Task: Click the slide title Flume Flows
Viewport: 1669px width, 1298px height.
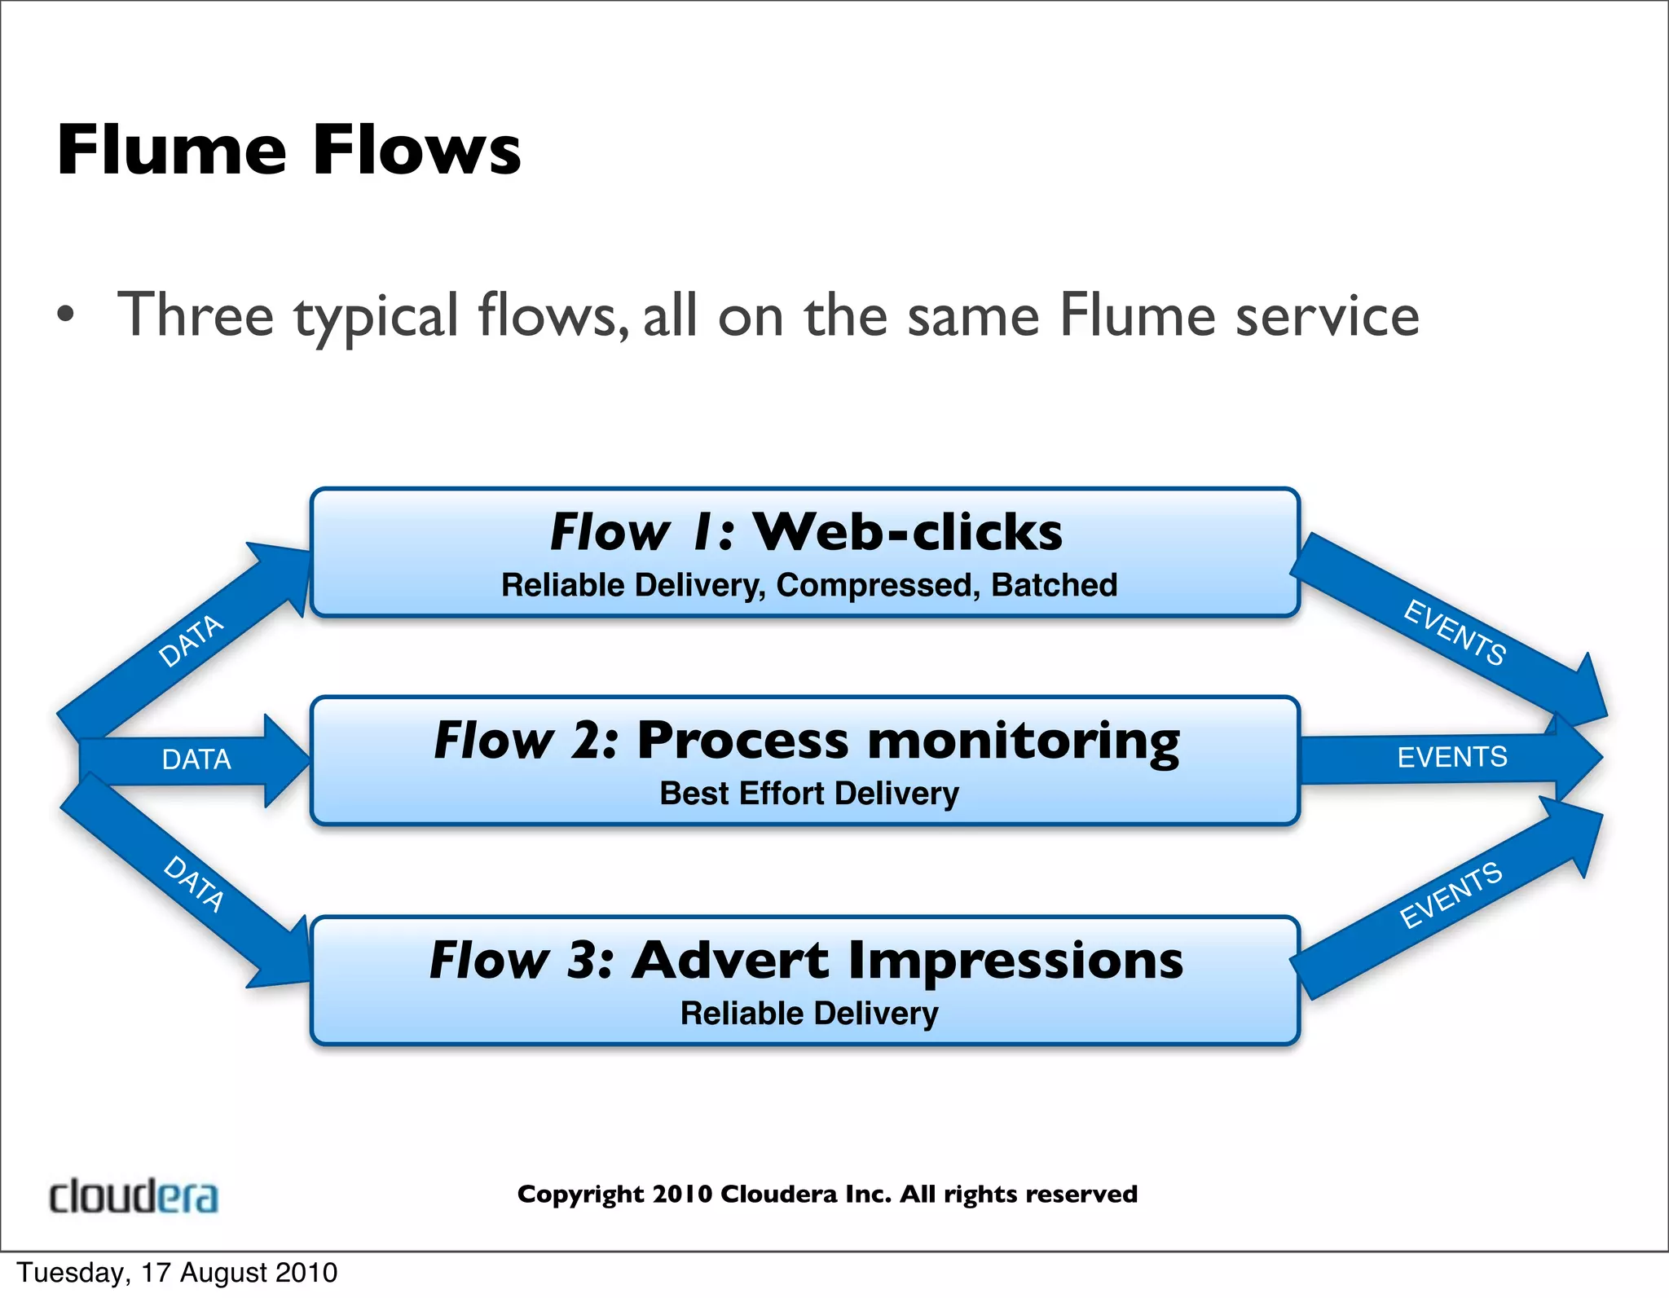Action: (288, 150)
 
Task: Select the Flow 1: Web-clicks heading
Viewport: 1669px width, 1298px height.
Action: (805, 532)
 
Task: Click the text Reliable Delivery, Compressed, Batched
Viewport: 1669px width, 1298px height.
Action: (808, 585)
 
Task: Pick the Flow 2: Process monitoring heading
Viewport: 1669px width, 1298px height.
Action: (806, 741)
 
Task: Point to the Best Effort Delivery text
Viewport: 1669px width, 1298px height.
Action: (808, 793)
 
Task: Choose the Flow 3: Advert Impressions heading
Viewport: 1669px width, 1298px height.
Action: (806, 960)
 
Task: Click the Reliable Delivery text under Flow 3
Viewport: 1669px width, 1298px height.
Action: (808, 1013)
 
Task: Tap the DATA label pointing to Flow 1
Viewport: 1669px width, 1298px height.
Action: (191, 640)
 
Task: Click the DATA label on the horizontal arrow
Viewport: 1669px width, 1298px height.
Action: (196, 759)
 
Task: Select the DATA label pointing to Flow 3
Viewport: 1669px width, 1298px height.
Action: (194, 883)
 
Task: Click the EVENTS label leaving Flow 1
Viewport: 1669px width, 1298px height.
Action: (1455, 632)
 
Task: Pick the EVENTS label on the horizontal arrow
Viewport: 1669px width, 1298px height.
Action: (1451, 757)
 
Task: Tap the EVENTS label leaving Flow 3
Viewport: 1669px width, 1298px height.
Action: (1451, 895)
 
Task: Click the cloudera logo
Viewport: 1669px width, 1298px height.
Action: (134, 1196)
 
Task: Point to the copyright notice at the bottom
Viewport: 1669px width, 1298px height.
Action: (826, 1194)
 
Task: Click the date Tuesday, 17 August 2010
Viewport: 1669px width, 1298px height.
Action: (177, 1273)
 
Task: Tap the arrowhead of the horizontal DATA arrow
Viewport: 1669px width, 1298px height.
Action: (287, 760)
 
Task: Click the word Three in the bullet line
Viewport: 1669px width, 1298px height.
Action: (196, 316)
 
